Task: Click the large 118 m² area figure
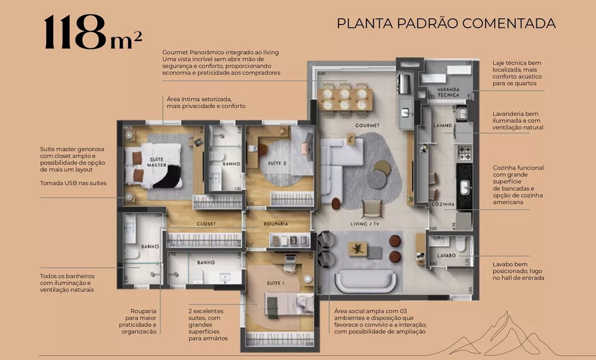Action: [92, 33]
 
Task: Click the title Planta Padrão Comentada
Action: [446, 24]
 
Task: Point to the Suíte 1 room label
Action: [273, 284]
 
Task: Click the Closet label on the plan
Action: [206, 224]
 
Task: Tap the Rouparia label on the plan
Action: [275, 224]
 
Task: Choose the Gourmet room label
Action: [367, 126]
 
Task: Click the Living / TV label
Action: [366, 224]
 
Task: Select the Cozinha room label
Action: [443, 204]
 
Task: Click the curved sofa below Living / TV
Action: [364, 280]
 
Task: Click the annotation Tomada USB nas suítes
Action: [73, 183]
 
